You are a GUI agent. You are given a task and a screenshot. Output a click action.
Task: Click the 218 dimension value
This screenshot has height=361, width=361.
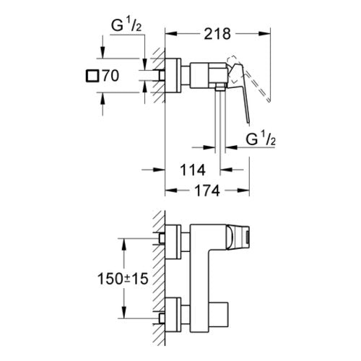pos(217,34)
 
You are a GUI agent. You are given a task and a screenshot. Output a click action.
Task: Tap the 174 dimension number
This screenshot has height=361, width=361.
pos(207,191)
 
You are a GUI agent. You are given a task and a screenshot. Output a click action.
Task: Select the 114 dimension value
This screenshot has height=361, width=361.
pos(193,170)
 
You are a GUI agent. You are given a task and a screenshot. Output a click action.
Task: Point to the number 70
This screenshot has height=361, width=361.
pos(111,76)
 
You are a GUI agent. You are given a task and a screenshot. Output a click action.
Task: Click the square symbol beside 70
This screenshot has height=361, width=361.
pos(92,76)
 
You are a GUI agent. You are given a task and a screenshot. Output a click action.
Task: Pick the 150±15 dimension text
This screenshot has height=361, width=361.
pos(123,279)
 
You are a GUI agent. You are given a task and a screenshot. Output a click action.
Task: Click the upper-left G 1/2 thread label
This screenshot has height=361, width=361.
pos(126,25)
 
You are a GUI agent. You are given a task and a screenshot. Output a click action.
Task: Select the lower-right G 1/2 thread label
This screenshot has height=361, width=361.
pos(261,139)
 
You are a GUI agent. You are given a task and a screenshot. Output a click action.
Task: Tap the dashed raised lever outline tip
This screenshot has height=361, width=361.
pos(269,100)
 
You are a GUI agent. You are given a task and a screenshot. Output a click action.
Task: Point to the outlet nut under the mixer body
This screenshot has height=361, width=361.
pos(220,87)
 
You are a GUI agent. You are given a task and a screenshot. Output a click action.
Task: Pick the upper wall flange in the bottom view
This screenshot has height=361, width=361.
pos(173,242)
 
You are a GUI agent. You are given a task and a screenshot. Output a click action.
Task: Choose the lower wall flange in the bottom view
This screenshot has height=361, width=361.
pos(173,315)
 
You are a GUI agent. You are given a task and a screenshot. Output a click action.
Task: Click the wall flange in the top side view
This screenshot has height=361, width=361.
pos(173,75)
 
